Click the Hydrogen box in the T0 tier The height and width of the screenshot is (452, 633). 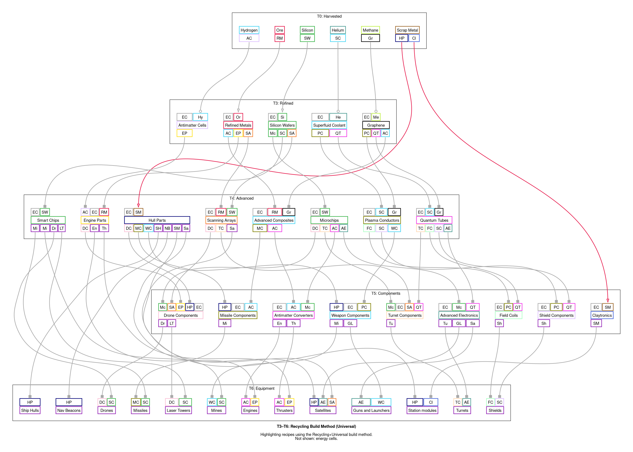tap(249, 30)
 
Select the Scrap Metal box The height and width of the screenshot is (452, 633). tap(407, 30)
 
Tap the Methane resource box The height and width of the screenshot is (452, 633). tap(370, 30)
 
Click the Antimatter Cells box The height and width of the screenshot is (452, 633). tap(192, 125)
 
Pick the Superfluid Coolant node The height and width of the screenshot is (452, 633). tap(329, 125)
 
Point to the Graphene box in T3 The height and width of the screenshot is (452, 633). tap(376, 125)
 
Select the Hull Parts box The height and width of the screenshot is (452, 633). tap(157, 220)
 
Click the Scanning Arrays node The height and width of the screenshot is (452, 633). tap(221, 220)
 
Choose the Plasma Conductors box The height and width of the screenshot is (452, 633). tap(382, 220)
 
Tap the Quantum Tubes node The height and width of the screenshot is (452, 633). tap(434, 220)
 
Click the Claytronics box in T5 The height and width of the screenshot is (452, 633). tap(602, 315)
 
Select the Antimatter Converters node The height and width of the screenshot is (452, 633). tap(293, 315)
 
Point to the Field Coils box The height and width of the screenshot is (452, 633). tap(508, 315)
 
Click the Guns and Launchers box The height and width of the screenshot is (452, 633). tap(371, 410)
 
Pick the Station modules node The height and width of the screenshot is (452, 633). tap(422, 410)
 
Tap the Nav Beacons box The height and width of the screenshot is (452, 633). tap(69, 410)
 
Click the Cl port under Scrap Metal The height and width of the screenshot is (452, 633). tap(414, 38)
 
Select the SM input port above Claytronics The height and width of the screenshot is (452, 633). tap(608, 307)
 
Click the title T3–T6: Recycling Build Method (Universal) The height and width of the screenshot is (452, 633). tap(316, 426)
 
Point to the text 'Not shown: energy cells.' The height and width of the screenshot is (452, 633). tap(316, 439)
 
